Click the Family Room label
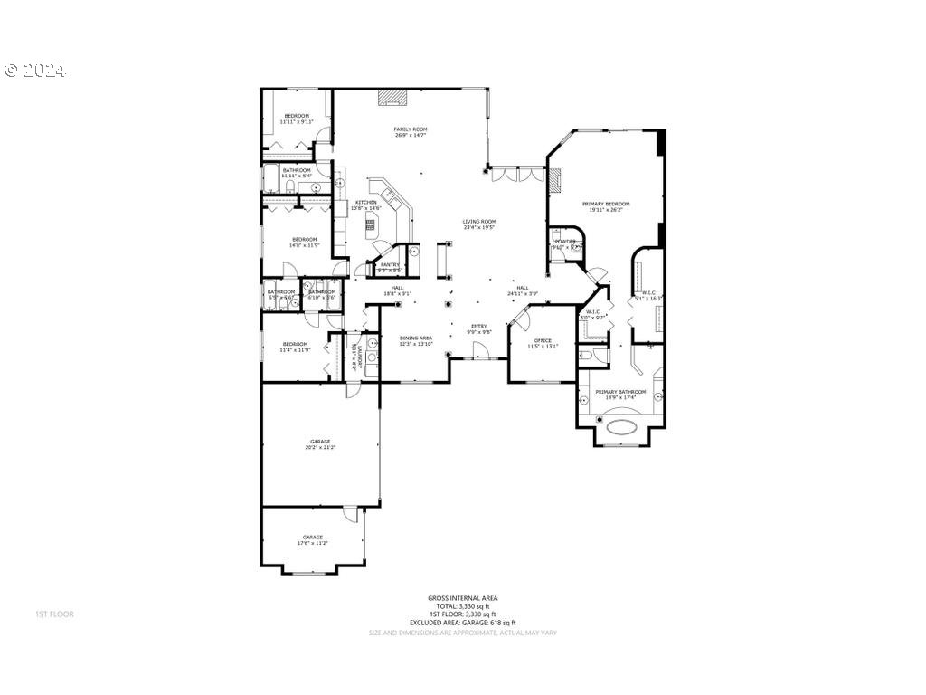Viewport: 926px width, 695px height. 411,129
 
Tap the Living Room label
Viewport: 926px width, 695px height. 479,222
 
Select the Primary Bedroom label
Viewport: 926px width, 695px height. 606,205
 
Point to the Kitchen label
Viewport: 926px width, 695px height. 366,203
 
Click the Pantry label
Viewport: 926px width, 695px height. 390,265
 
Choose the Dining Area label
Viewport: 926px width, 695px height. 416,338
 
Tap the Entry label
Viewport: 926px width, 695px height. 479,327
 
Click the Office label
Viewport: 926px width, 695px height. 543,341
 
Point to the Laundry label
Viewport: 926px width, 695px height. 359,354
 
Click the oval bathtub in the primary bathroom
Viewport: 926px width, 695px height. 621,427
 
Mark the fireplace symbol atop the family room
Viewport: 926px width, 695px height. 391,96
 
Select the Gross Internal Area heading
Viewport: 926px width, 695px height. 463,597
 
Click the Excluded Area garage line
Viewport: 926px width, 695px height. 463,623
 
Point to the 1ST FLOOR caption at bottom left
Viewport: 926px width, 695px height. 54,614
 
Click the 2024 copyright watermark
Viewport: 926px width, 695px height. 35,71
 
